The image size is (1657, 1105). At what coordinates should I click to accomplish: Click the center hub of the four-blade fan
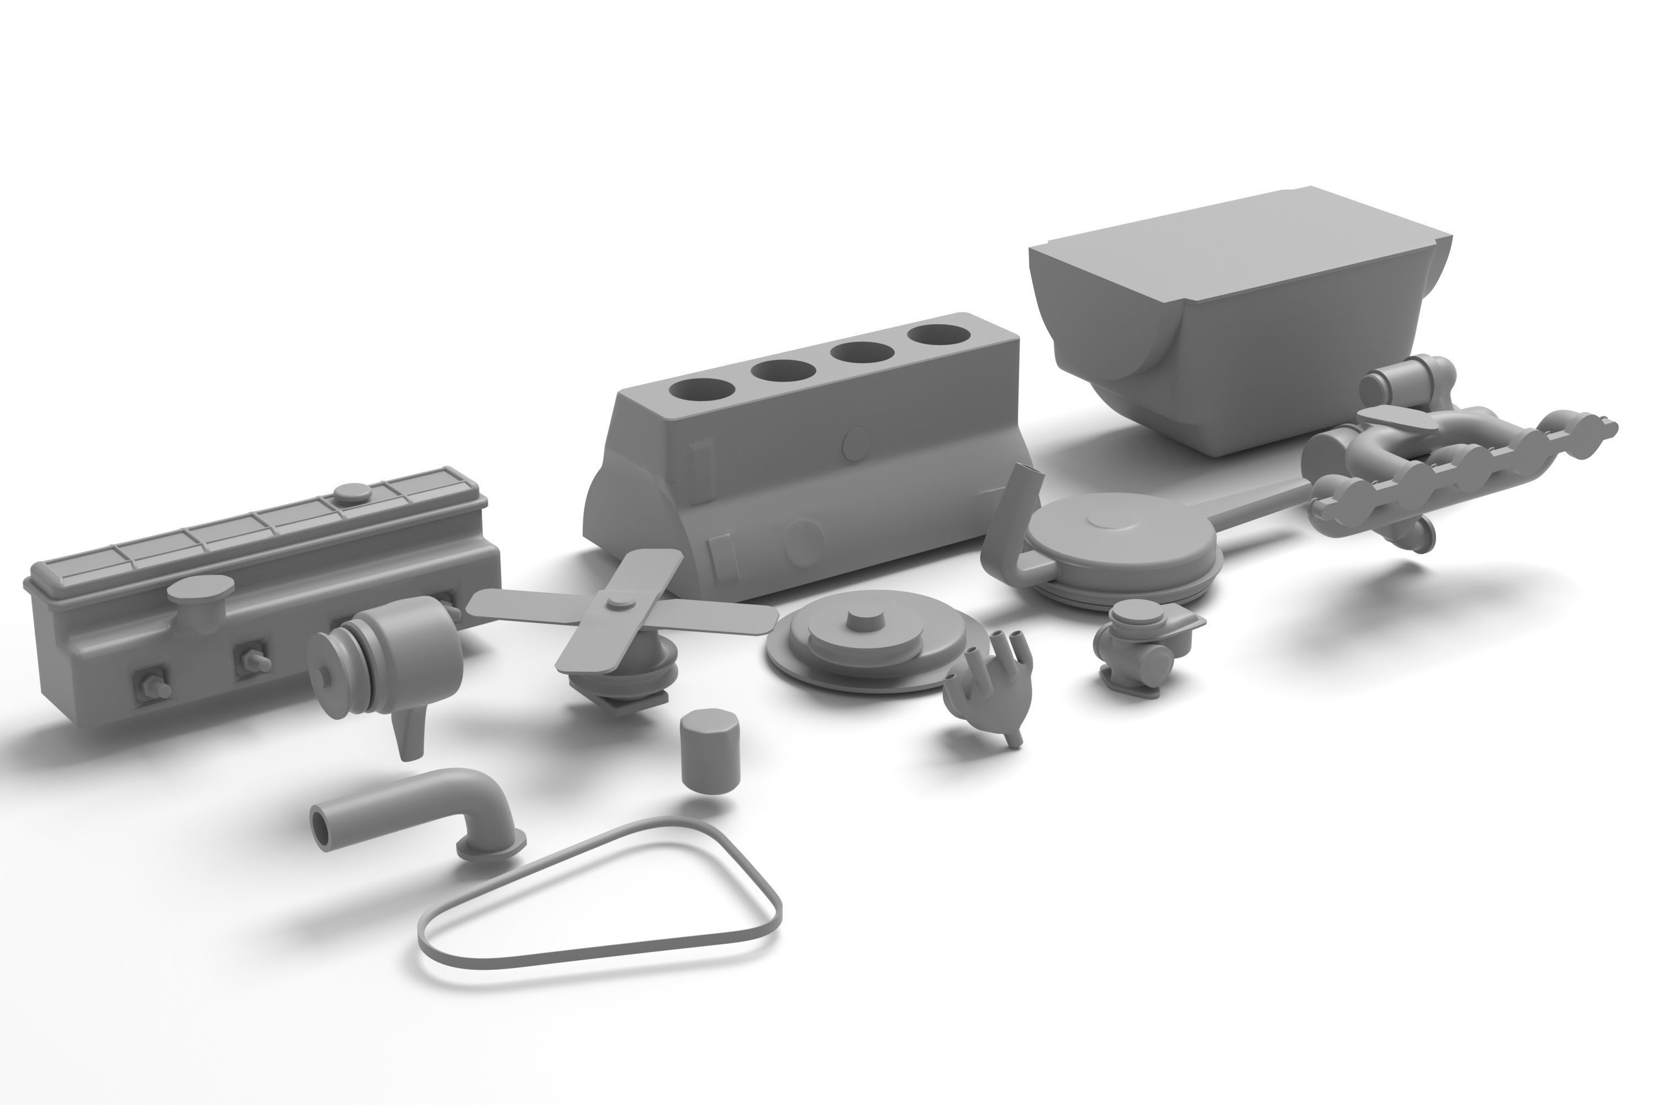[x=618, y=601]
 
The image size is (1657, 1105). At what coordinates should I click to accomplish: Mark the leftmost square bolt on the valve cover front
[x=151, y=683]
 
